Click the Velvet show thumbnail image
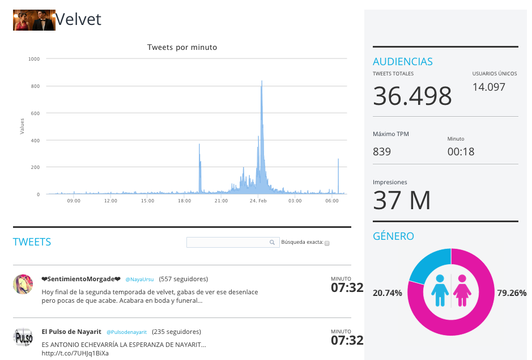pos(34,20)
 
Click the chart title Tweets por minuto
pos(182,47)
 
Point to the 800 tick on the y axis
pos(35,86)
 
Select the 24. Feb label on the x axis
pos(258,201)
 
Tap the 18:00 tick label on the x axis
pos(184,201)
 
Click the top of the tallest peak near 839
pos(262,81)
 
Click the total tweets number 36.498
pos(412,96)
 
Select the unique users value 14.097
pos(489,87)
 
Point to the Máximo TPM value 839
pos(382,151)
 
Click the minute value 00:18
pos(461,151)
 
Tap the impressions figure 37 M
pos(402,200)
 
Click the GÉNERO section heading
pos(393,236)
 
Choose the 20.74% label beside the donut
pos(387,293)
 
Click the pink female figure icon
pos(462,291)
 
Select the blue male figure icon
pos(440,291)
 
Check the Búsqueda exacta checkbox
pos(327,243)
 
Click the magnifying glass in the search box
pos(272,242)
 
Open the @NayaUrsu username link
pos(139,279)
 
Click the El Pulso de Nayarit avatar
pos(23,337)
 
